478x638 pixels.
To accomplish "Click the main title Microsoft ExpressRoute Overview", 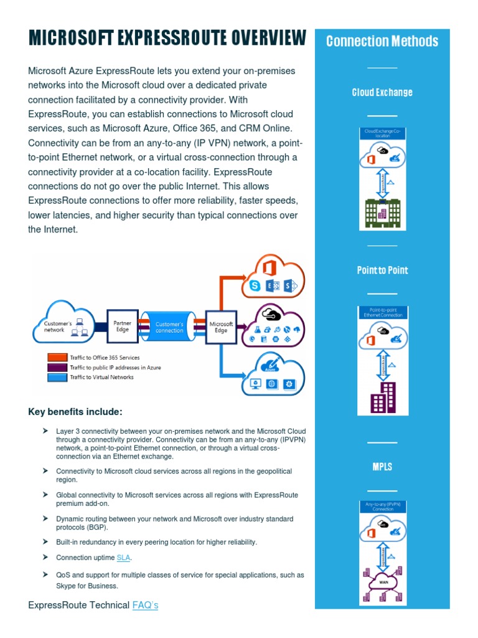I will point(167,39).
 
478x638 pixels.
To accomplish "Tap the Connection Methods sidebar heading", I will point(382,42).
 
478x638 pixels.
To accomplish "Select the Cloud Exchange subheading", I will point(382,92).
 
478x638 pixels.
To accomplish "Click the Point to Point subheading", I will point(382,270).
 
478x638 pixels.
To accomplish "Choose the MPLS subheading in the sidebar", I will point(382,467).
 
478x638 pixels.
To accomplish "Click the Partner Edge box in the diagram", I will point(123,326).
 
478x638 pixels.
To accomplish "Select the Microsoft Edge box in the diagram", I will point(221,327).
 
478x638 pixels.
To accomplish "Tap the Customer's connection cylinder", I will point(169,327).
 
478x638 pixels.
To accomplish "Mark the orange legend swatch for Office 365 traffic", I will point(57,358).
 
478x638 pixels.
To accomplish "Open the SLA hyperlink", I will point(124,558).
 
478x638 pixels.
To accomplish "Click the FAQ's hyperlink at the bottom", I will point(145,605).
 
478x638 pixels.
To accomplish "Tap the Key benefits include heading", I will point(75,412).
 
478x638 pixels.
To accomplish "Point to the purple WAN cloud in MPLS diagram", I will point(382,583).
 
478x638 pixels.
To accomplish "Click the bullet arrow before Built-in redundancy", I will point(45,542).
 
